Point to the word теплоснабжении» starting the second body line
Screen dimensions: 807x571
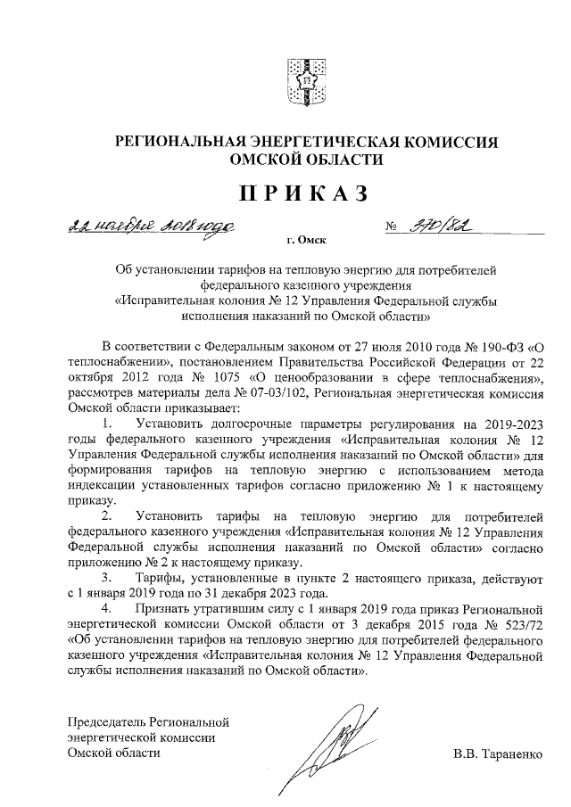click(x=120, y=360)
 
